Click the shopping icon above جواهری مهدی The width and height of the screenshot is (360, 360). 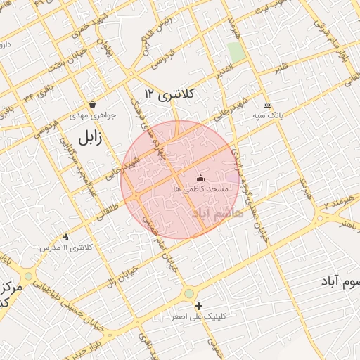tap(92, 105)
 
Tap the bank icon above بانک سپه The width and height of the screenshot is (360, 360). tap(266, 104)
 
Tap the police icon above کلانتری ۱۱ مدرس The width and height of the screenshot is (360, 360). tap(66, 237)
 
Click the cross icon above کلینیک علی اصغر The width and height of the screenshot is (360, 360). tap(199, 306)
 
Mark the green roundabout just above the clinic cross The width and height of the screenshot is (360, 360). tap(189, 292)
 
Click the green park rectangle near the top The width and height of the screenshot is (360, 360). tap(237, 51)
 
